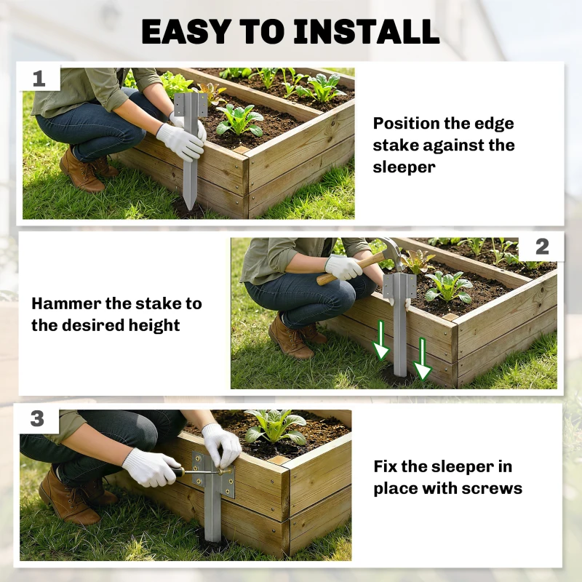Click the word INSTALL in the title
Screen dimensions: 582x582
367,31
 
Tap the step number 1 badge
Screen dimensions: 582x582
39,79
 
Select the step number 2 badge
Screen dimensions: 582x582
542,247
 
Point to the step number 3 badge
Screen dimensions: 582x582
37,419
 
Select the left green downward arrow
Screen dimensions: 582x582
380,340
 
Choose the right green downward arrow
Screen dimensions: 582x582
423,359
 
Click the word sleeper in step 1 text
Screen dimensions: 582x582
404,167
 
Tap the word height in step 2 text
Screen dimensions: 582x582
154,325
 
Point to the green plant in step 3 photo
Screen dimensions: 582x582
275,427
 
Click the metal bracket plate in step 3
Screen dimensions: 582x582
213,474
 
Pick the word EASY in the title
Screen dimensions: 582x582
186,31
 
